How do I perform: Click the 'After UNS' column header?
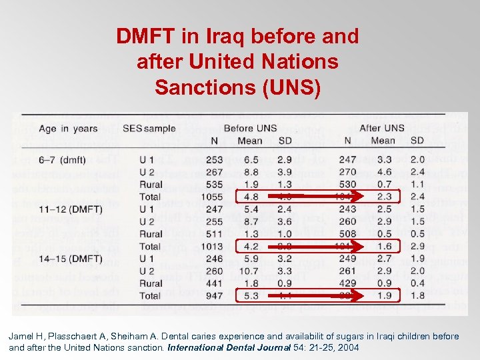(x=382, y=128)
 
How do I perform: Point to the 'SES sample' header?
(x=150, y=128)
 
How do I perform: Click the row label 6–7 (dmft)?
(x=63, y=159)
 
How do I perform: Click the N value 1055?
(x=214, y=197)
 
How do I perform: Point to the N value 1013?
(x=214, y=246)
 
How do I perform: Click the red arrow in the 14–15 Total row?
(x=313, y=295)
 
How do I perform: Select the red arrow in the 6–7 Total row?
(x=313, y=197)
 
